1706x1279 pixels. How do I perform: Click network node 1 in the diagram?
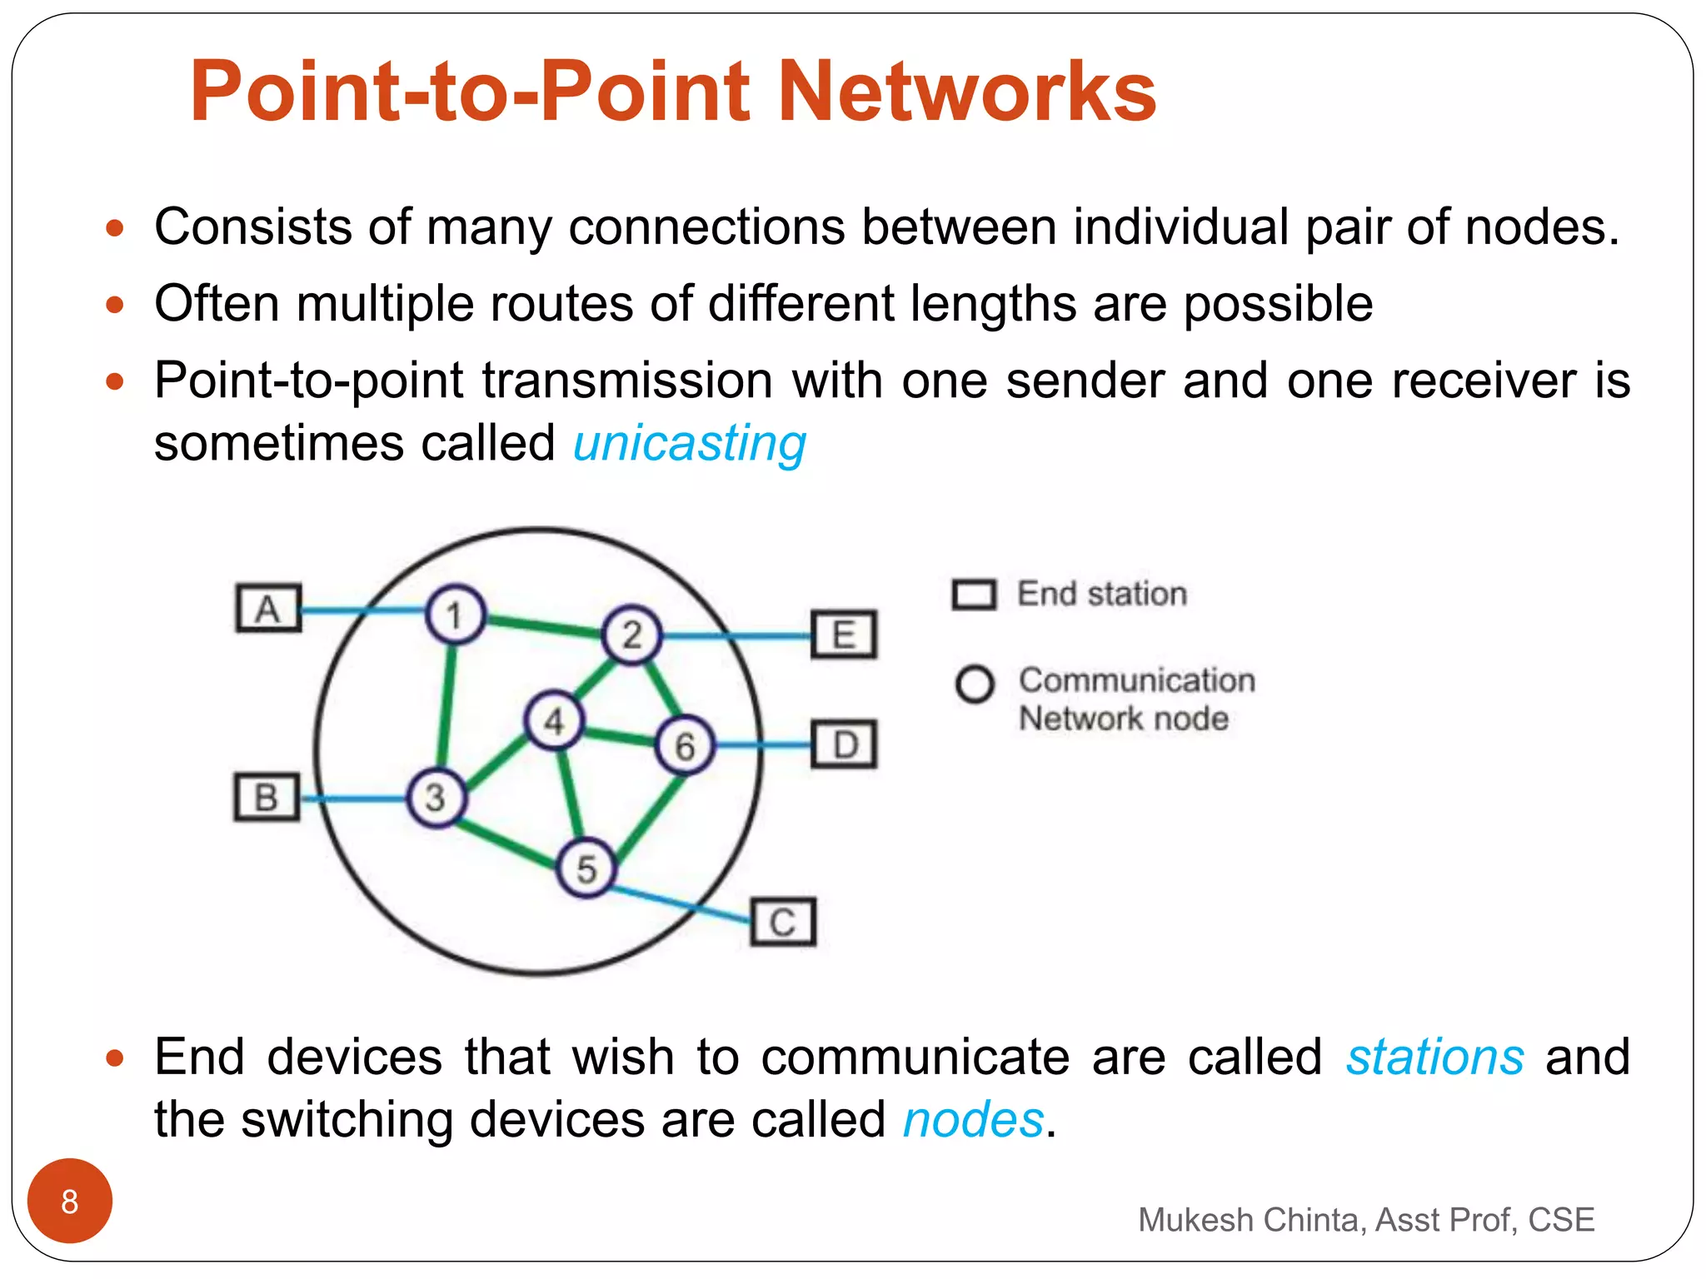click(455, 615)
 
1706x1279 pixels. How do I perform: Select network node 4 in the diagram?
click(554, 721)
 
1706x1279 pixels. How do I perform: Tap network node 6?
click(685, 745)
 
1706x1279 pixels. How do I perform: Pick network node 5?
click(586, 868)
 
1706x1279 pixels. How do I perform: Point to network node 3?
click(436, 798)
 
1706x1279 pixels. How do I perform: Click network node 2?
click(631, 635)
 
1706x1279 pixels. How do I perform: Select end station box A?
click(268, 609)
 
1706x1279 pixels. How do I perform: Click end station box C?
click(782, 922)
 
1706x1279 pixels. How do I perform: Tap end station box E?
click(844, 635)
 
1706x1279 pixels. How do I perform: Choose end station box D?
click(844, 744)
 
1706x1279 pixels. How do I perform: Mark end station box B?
click(266, 798)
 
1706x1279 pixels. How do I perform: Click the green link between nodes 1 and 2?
click(543, 625)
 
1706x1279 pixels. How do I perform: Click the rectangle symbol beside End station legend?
click(974, 595)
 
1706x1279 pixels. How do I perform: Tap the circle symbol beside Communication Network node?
click(975, 684)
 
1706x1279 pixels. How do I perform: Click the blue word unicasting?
click(690, 443)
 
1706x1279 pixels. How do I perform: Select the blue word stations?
click(1434, 1058)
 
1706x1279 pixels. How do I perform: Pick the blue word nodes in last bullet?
click(973, 1119)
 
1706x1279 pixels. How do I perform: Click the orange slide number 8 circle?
click(70, 1201)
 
